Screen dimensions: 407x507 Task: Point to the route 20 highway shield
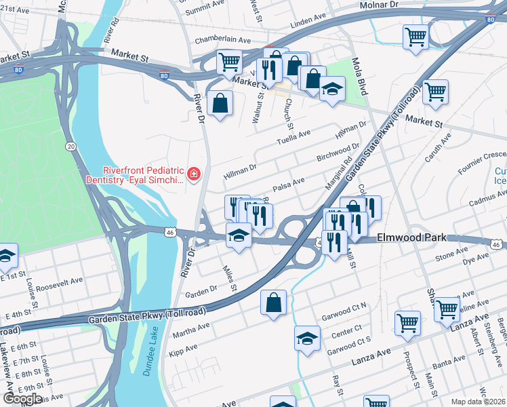(70, 146)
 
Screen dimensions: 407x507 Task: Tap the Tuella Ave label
(293, 138)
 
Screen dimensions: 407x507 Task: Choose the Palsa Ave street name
(288, 183)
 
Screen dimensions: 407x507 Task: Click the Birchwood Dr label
(338, 153)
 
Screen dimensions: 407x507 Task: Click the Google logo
(22, 399)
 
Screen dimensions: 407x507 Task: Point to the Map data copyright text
(478, 402)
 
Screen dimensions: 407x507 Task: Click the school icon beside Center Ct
(307, 338)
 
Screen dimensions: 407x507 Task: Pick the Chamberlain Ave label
(224, 41)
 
